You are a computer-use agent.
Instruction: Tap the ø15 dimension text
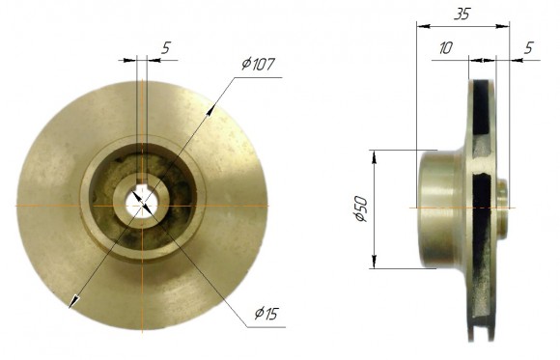point(268,313)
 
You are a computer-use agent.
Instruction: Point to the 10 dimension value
point(445,47)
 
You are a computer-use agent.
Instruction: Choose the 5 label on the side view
point(529,47)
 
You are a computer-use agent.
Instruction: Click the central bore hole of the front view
point(141,204)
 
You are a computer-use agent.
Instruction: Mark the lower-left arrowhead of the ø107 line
point(70,304)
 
